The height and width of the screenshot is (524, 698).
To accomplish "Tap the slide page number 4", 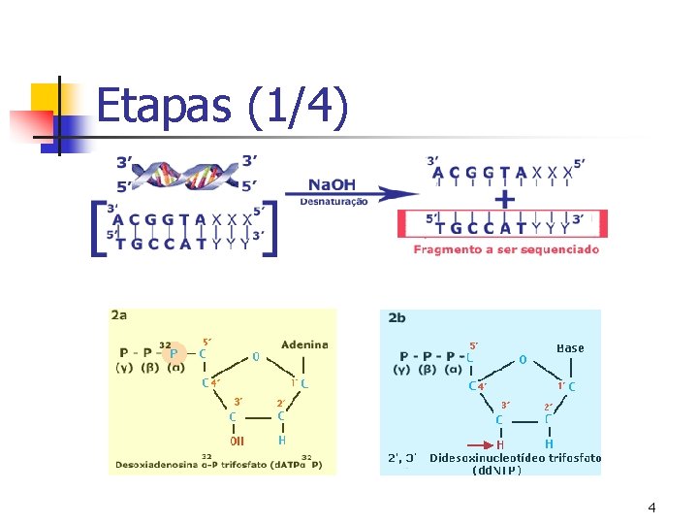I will tap(651, 508).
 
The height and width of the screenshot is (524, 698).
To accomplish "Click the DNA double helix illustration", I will tap(184, 174).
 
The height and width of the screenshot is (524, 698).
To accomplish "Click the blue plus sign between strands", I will tap(504, 199).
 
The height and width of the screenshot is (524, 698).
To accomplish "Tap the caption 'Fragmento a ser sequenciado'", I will tap(506, 249).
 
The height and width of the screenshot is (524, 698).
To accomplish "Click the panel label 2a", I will tap(120, 316).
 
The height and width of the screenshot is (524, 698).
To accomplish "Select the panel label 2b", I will tap(397, 317).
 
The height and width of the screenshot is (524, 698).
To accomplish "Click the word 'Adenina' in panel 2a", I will tap(304, 344).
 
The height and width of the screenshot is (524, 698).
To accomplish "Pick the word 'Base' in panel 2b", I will tap(571, 347).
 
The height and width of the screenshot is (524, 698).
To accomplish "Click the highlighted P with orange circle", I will tap(174, 354).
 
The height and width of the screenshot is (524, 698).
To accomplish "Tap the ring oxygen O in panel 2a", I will tap(255, 356).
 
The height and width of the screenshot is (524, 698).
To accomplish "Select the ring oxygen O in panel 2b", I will tap(523, 360).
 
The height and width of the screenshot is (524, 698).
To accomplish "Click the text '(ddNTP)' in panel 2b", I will tap(496, 471).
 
